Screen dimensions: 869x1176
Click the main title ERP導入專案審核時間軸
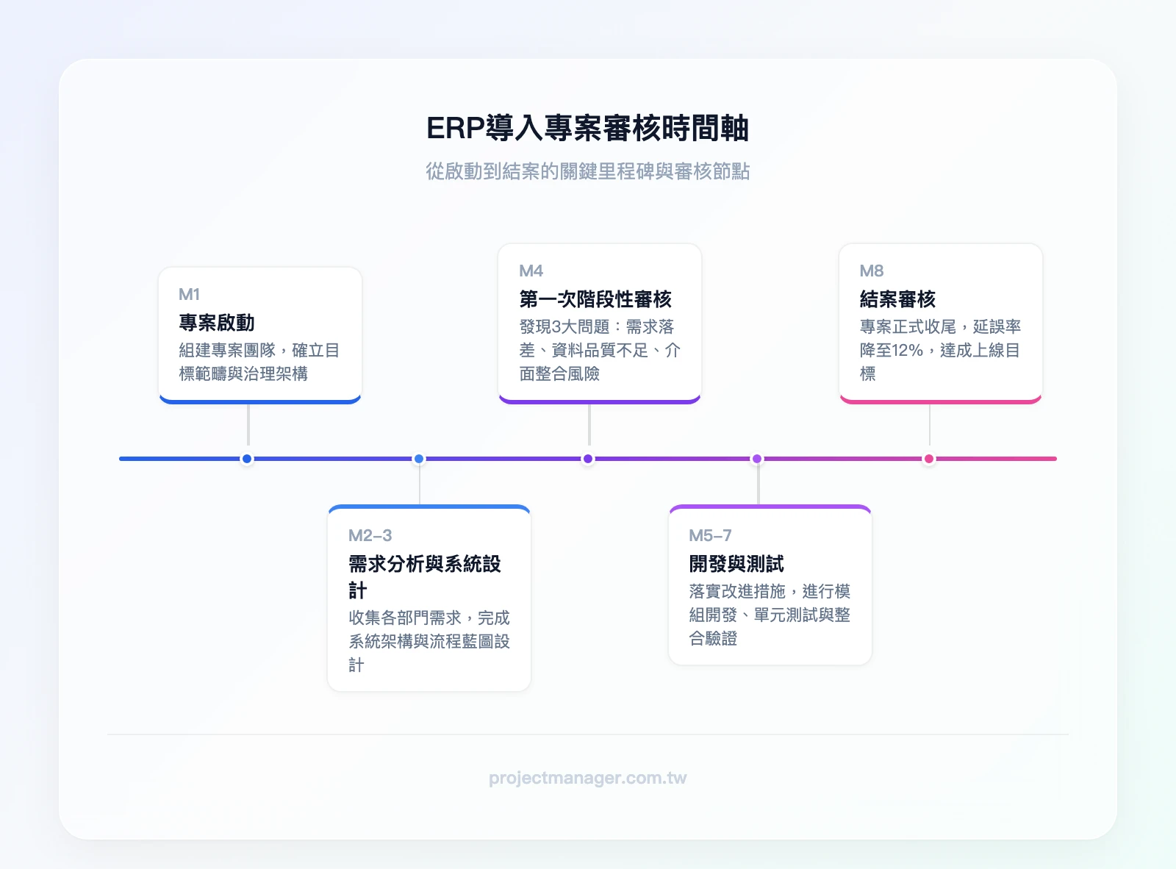pyautogui.click(x=587, y=128)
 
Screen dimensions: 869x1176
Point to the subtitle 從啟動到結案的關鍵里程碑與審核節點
pyautogui.click(x=587, y=171)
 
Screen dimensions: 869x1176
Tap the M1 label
pyautogui.click(x=189, y=294)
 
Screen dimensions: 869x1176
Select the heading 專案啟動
pyautogui.click(x=217, y=323)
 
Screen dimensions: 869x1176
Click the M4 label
pyautogui.click(x=531, y=271)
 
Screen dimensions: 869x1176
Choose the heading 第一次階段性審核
pyautogui.click(x=595, y=299)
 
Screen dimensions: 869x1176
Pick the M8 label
pyautogui.click(x=872, y=271)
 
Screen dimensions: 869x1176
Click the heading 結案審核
pyautogui.click(x=897, y=299)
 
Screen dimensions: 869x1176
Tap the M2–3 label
pyautogui.click(x=370, y=535)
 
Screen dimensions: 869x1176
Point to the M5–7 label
pyautogui.click(x=710, y=535)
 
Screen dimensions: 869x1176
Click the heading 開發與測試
pyautogui.click(x=736, y=564)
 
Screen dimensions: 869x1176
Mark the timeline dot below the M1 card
pyautogui.click(x=247, y=459)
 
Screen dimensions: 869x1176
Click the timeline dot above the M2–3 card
pyautogui.click(x=419, y=459)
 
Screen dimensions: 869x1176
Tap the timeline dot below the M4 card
pyautogui.click(x=588, y=459)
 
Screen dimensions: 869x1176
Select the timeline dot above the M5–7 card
pyautogui.click(x=757, y=459)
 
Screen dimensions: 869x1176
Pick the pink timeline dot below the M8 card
pyautogui.click(x=929, y=459)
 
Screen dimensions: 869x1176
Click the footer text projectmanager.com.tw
pyautogui.click(x=587, y=778)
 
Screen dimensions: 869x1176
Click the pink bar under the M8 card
pyautogui.click(x=940, y=401)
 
